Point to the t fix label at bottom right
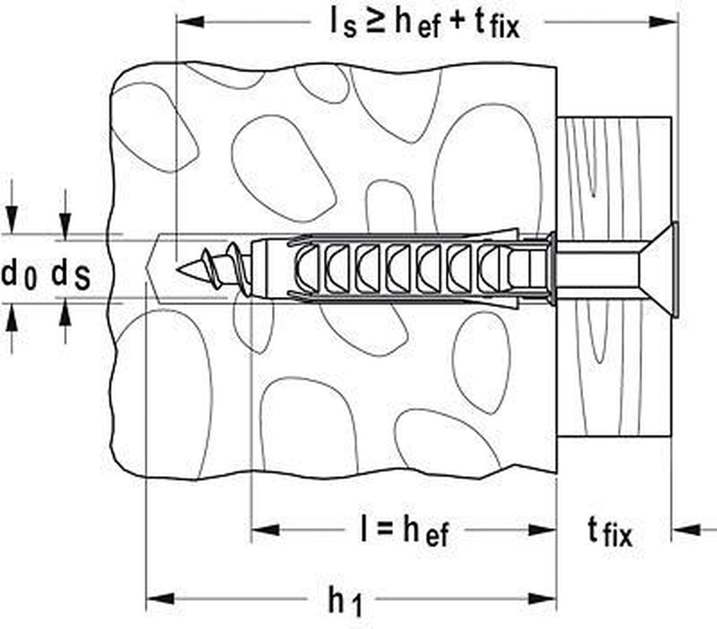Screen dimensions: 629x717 pyautogui.click(x=609, y=531)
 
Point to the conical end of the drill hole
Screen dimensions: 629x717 pyautogui.click(x=152, y=268)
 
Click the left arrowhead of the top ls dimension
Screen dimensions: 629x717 pyautogui.click(x=189, y=23)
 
